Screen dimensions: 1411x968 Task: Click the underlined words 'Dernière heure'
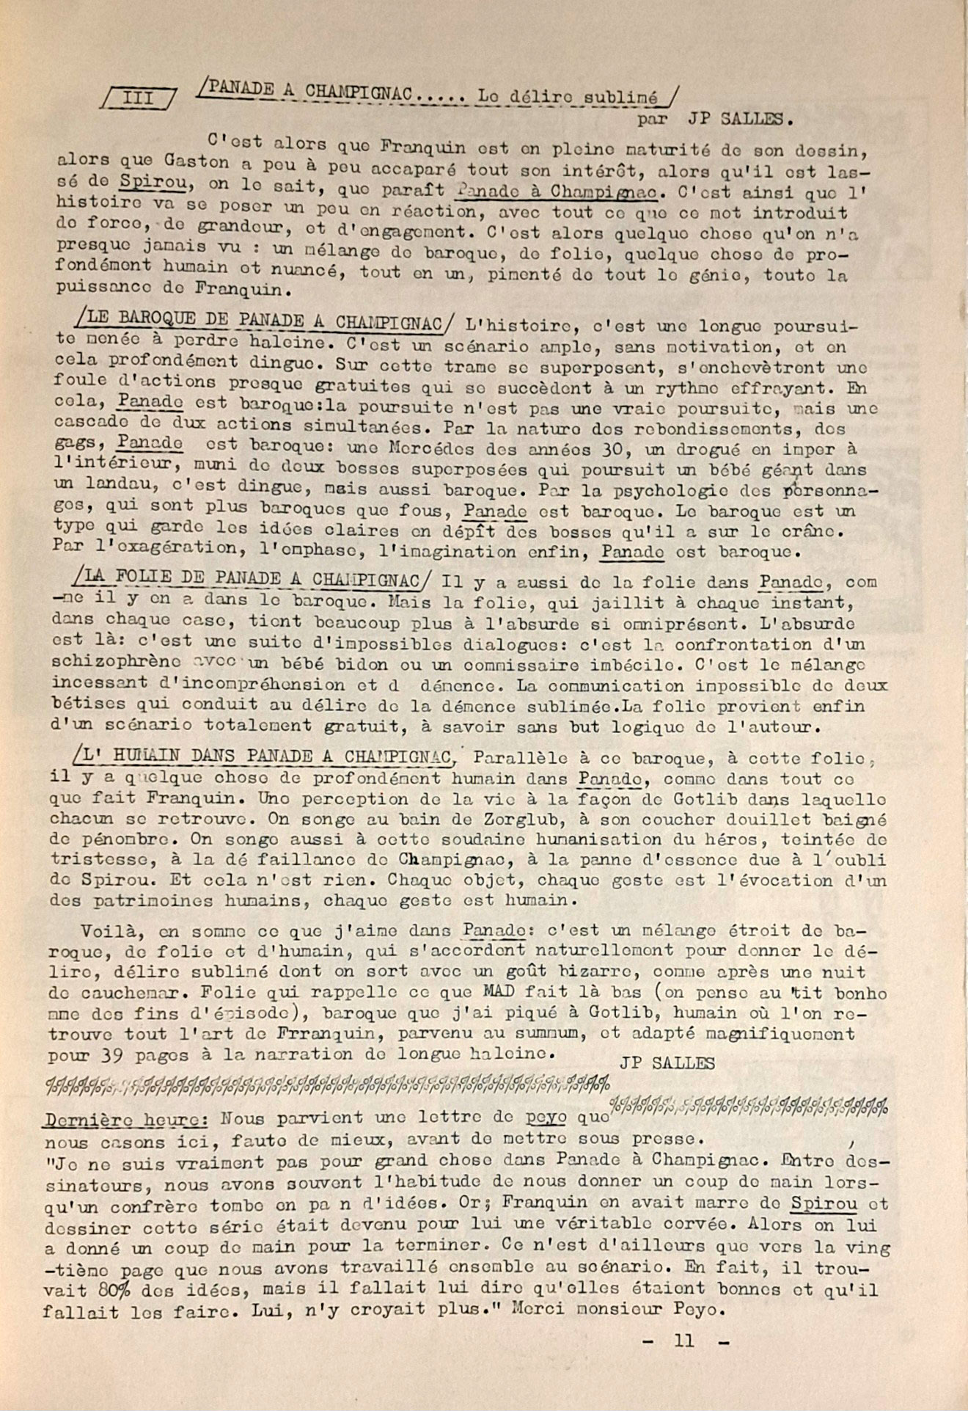pos(122,1119)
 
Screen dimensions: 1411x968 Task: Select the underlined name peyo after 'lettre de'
pos(546,1117)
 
